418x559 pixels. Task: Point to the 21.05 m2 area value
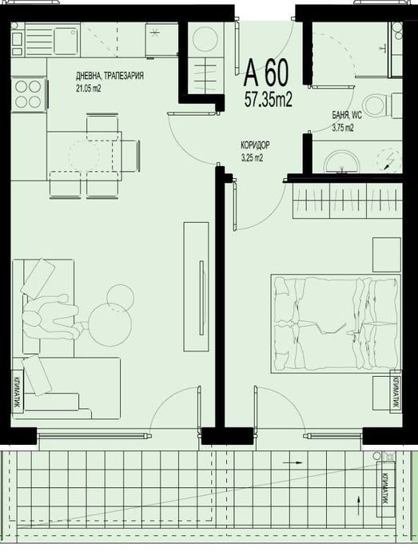(x=89, y=89)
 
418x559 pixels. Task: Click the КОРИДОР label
(x=254, y=147)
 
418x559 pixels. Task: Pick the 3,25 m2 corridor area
(x=252, y=158)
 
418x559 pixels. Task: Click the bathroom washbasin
(x=344, y=159)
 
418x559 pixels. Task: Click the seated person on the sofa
(x=51, y=317)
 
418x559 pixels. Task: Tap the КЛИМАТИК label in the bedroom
(x=395, y=392)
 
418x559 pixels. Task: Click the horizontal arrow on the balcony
(x=297, y=462)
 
